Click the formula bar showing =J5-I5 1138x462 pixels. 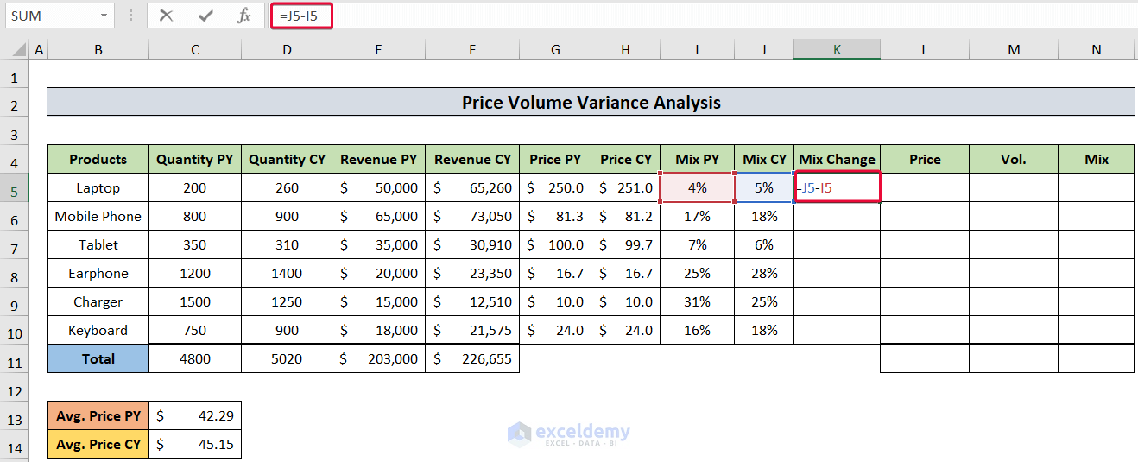coord(604,16)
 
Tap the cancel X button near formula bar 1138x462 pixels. coord(167,16)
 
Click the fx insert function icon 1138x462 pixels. coord(244,16)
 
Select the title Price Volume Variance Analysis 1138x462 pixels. coord(591,103)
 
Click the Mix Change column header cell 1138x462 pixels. coord(837,159)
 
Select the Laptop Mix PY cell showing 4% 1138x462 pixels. coord(697,187)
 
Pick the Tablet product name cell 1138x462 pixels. coord(98,244)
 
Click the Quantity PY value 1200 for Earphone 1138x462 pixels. coord(195,273)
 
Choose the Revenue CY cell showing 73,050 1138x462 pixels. coord(472,216)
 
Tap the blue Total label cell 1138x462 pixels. coord(98,358)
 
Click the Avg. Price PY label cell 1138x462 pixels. coord(98,415)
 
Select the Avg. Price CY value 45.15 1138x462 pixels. coord(195,444)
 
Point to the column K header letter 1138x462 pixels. coord(837,50)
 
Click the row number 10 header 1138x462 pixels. coord(15,330)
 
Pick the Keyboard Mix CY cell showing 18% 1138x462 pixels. coord(763,330)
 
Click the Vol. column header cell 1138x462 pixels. coord(1013,159)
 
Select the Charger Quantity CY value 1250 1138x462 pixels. coord(287,301)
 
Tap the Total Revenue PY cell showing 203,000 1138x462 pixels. coord(378,358)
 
